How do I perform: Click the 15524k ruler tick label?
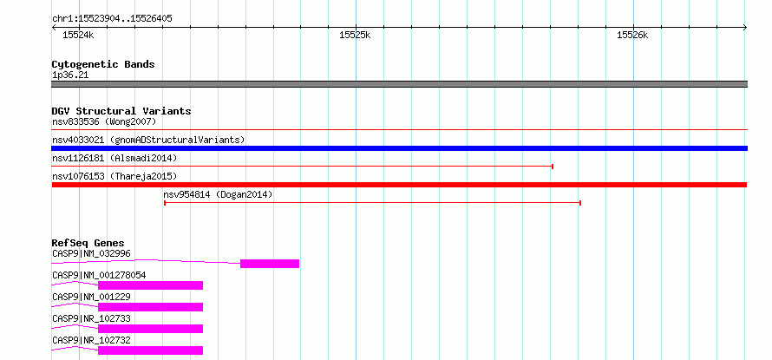(78, 35)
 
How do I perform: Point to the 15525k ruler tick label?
(355, 35)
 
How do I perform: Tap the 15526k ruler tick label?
(632, 35)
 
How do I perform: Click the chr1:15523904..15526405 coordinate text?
(112, 19)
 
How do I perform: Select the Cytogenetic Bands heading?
(103, 64)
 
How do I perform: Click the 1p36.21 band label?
(70, 75)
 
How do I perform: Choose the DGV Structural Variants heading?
(121, 111)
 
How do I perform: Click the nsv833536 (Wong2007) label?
(104, 121)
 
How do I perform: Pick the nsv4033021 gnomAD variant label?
(148, 140)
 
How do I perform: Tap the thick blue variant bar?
(399, 148)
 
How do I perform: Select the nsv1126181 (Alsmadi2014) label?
(114, 158)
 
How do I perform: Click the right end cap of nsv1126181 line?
(553, 167)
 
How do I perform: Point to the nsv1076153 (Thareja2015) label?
(114, 176)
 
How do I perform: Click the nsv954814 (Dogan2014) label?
(218, 194)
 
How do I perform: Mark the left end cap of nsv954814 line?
(165, 203)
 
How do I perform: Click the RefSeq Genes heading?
(88, 243)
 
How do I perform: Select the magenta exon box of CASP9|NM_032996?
(270, 264)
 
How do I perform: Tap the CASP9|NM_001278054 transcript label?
(99, 275)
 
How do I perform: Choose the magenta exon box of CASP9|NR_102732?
(151, 350)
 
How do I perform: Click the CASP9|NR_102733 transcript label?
(91, 318)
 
